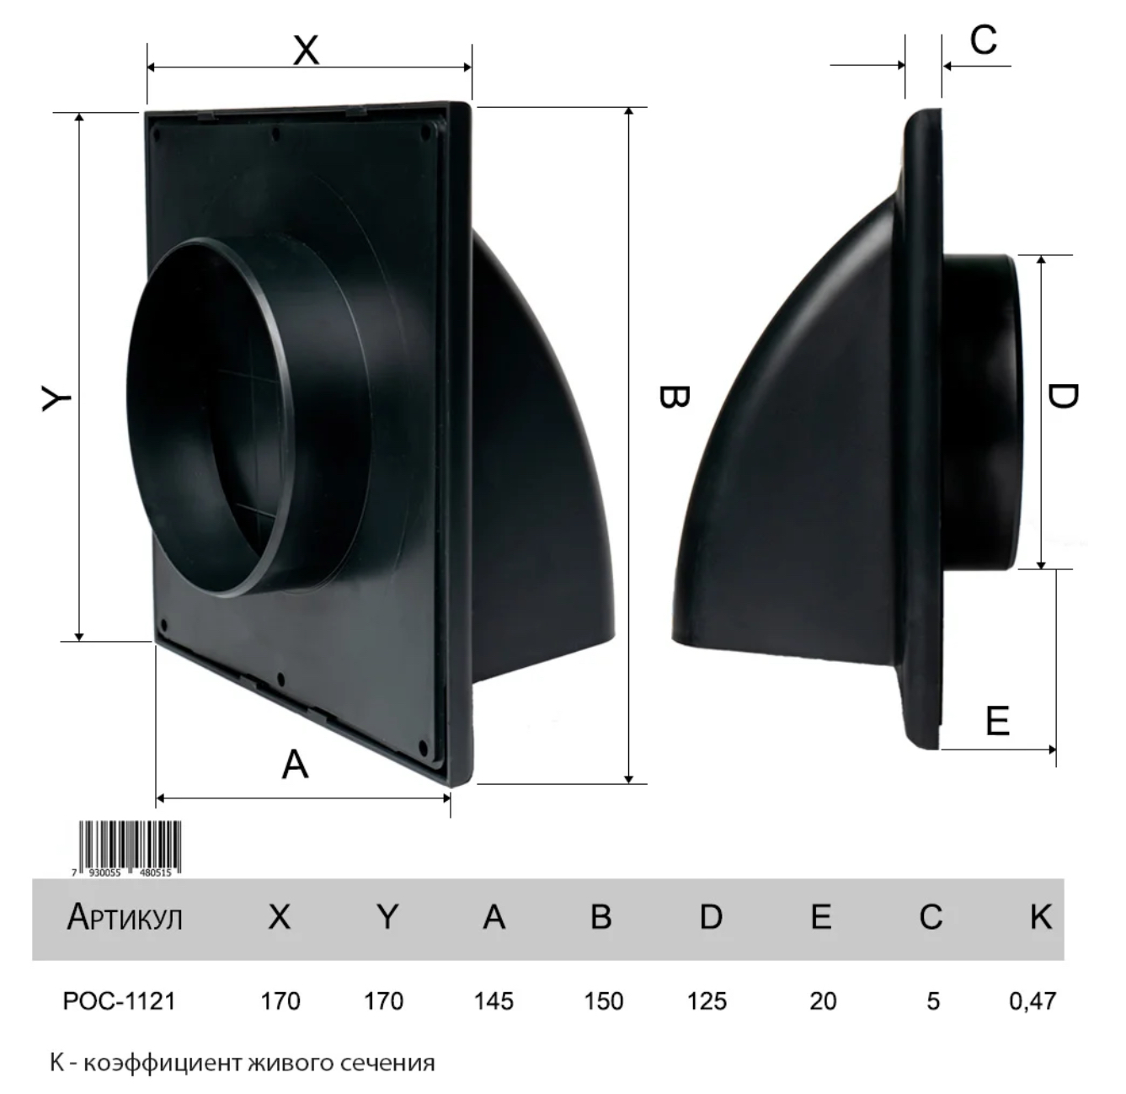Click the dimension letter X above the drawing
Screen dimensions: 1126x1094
click(x=306, y=51)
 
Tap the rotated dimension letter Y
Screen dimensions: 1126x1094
click(x=56, y=398)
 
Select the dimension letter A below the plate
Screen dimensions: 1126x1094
click(x=295, y=765)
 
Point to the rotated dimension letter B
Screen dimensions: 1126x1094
click(x=674, y=397)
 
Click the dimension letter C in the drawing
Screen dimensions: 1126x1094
click(x=984, y=40)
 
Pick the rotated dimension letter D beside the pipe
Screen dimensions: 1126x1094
click(x=1063, y=397)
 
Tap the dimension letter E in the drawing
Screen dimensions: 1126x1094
click(x=997, y=720)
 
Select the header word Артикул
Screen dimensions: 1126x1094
click(x=125, y=917)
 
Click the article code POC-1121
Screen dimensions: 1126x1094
click(x=120, y=1001)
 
